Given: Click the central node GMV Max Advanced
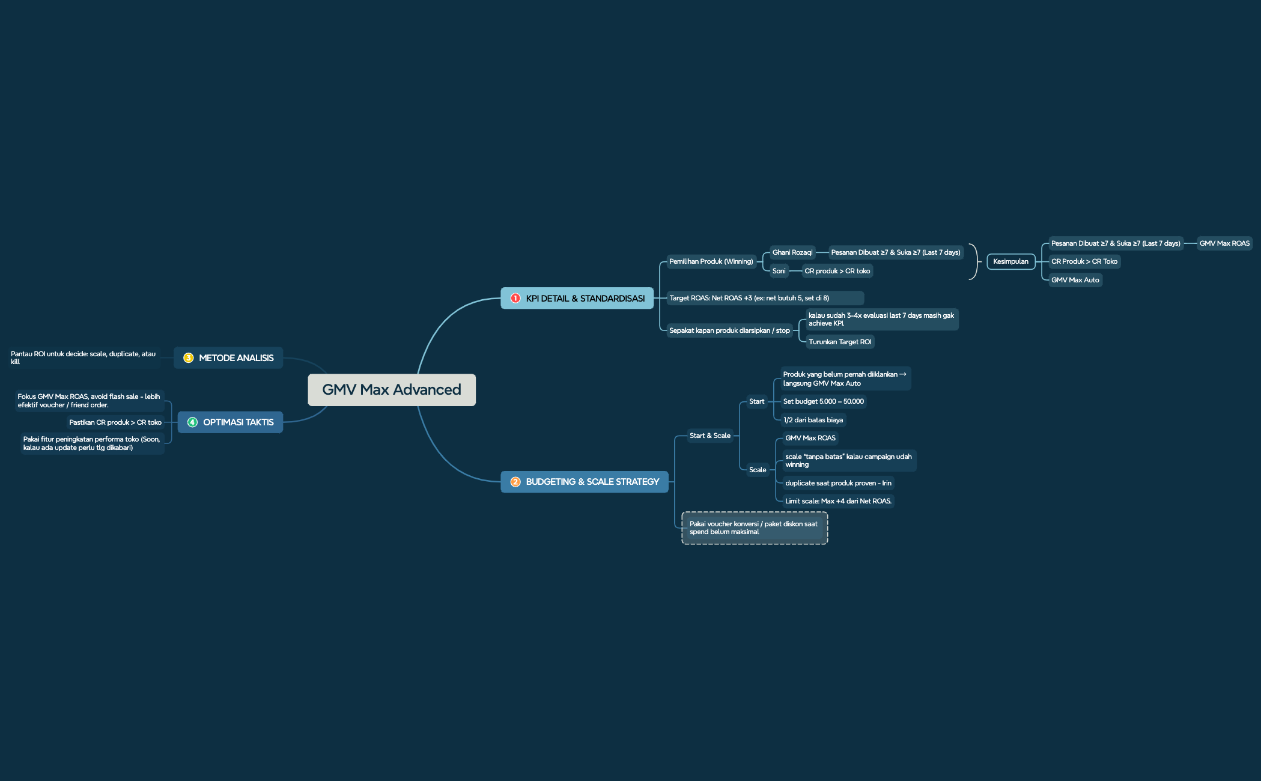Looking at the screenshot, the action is [x=392, y=390].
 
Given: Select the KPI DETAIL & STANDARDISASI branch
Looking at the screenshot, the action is [x=577, y=298].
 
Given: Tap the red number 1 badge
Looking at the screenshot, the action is [x=515, y=298].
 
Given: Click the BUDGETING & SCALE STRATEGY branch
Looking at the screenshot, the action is [x=585, y=482].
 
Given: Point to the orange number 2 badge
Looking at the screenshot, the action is [x=515, y=482].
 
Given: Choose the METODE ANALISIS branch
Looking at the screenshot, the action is [x=228, y=358].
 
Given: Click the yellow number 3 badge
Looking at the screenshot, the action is [x=188, y=358].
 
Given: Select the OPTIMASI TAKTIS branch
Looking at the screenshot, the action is [x=230, y=422].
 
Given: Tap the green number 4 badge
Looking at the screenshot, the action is [x=192, y=422].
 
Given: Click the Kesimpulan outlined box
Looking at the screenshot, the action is [x=1010, y=261].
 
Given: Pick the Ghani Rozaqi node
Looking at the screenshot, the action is [x=792, y=252].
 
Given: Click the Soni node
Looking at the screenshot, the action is [x=779, y=271].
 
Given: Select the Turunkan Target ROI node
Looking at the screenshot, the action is [x=840, y=342].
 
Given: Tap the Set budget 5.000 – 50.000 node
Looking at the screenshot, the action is [x=824, y=401].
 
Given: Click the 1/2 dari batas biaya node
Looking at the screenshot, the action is [x=813, y=420].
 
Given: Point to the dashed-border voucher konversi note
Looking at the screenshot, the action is [x=755, y=528].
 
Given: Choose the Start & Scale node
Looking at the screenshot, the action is [x=710, y=436].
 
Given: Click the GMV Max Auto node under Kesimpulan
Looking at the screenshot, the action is [x=1075, y=280].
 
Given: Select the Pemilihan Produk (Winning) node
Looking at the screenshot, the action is [x=711, y=261].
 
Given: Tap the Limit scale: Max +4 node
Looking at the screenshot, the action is [x=838, y=501].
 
